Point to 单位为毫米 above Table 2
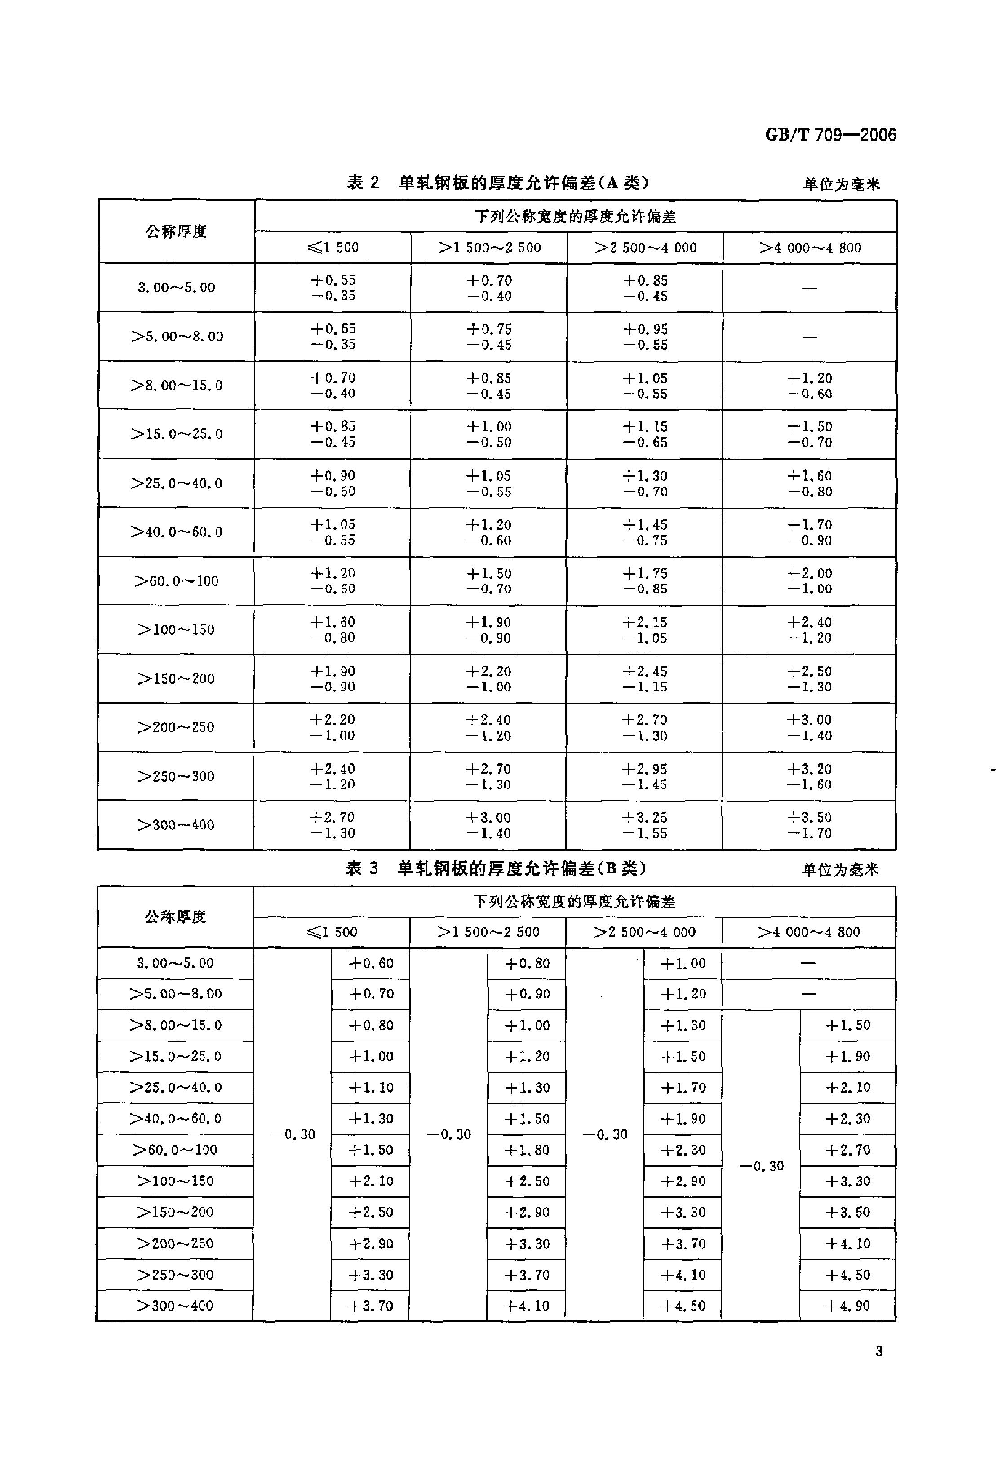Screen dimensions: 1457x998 point(841,184)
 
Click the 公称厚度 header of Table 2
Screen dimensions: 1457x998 point(176,231)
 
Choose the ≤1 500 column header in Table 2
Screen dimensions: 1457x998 point(333,248)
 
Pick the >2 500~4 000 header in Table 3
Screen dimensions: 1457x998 point(644,932)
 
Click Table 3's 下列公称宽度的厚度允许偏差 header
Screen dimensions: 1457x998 point(574,902)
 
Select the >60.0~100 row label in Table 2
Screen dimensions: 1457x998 point(176,581)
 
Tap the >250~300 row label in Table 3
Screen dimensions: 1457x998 point(176,1275)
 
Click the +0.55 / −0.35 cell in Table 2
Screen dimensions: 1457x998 point(333,288)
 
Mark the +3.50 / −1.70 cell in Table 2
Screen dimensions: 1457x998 point(809,825)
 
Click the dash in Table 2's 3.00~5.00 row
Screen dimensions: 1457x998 point(809,288)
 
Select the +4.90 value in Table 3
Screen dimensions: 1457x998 point(847,1306)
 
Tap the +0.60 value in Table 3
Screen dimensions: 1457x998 point(371,964)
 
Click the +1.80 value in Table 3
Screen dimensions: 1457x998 point(527,1150)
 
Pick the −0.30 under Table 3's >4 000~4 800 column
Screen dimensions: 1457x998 point(761,1166)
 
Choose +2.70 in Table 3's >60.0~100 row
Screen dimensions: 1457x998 point(847,1150)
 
